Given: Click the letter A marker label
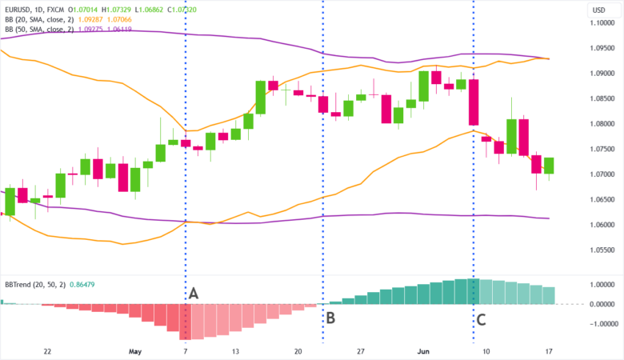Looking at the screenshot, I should tap(193, 294).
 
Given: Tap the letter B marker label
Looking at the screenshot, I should tap(330, 318).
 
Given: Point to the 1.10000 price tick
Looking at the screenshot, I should tap(602, 23).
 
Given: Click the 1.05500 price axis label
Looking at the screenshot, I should tap(602, 250).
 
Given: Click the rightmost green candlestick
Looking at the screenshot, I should tap(549, 166).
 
